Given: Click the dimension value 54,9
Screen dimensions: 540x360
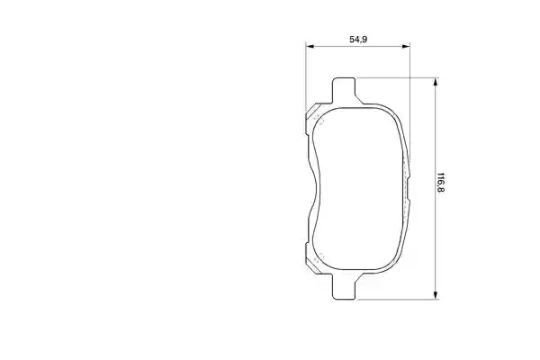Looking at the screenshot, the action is click(358, 40).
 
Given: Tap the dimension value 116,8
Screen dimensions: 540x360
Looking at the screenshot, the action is click(440, 183).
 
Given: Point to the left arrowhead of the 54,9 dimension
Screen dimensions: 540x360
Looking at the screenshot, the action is click(310, 46).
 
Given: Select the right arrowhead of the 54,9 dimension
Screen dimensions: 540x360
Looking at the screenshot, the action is click(406, 46).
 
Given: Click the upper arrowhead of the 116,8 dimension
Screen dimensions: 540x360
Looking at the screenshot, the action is click(436, 82).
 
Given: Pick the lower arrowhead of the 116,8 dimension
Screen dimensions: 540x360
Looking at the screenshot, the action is click(436, 295).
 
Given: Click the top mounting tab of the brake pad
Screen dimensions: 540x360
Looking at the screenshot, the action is click(344, 90).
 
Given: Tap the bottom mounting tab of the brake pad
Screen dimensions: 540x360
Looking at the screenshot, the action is click(344, 286).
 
